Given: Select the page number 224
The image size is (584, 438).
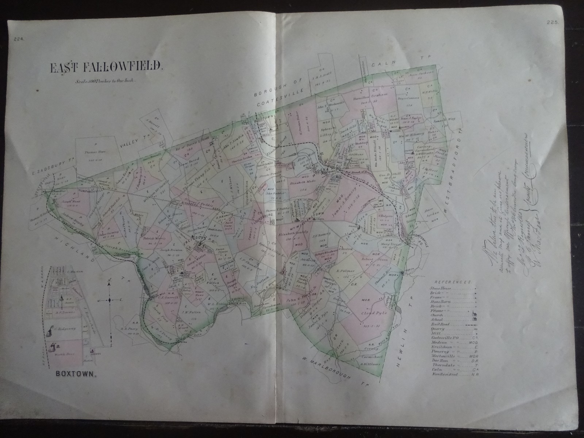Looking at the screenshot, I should tap(19, 40).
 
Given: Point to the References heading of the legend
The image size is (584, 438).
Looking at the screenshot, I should tap(452, 282).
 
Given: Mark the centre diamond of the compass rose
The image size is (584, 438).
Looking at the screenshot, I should tap(109, 300).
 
